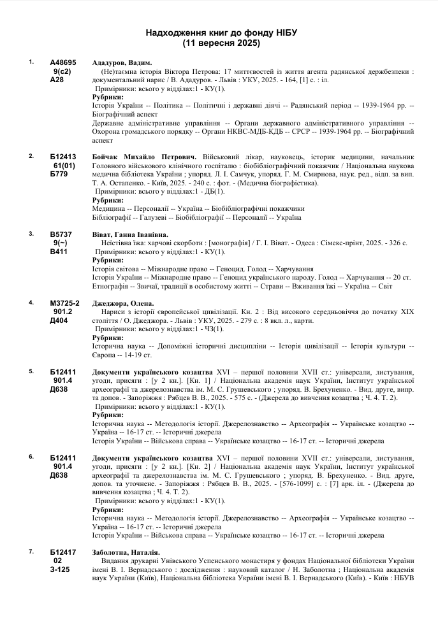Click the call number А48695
[63, 62]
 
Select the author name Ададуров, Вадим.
[122, 62]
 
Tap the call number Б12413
[63, 157]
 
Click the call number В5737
[61, 234]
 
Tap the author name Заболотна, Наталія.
[126, 552]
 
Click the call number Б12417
[63, 552]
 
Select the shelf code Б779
[59, 175]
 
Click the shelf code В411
[59, 252]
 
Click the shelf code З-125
[60, 569]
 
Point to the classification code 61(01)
[63, 166]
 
